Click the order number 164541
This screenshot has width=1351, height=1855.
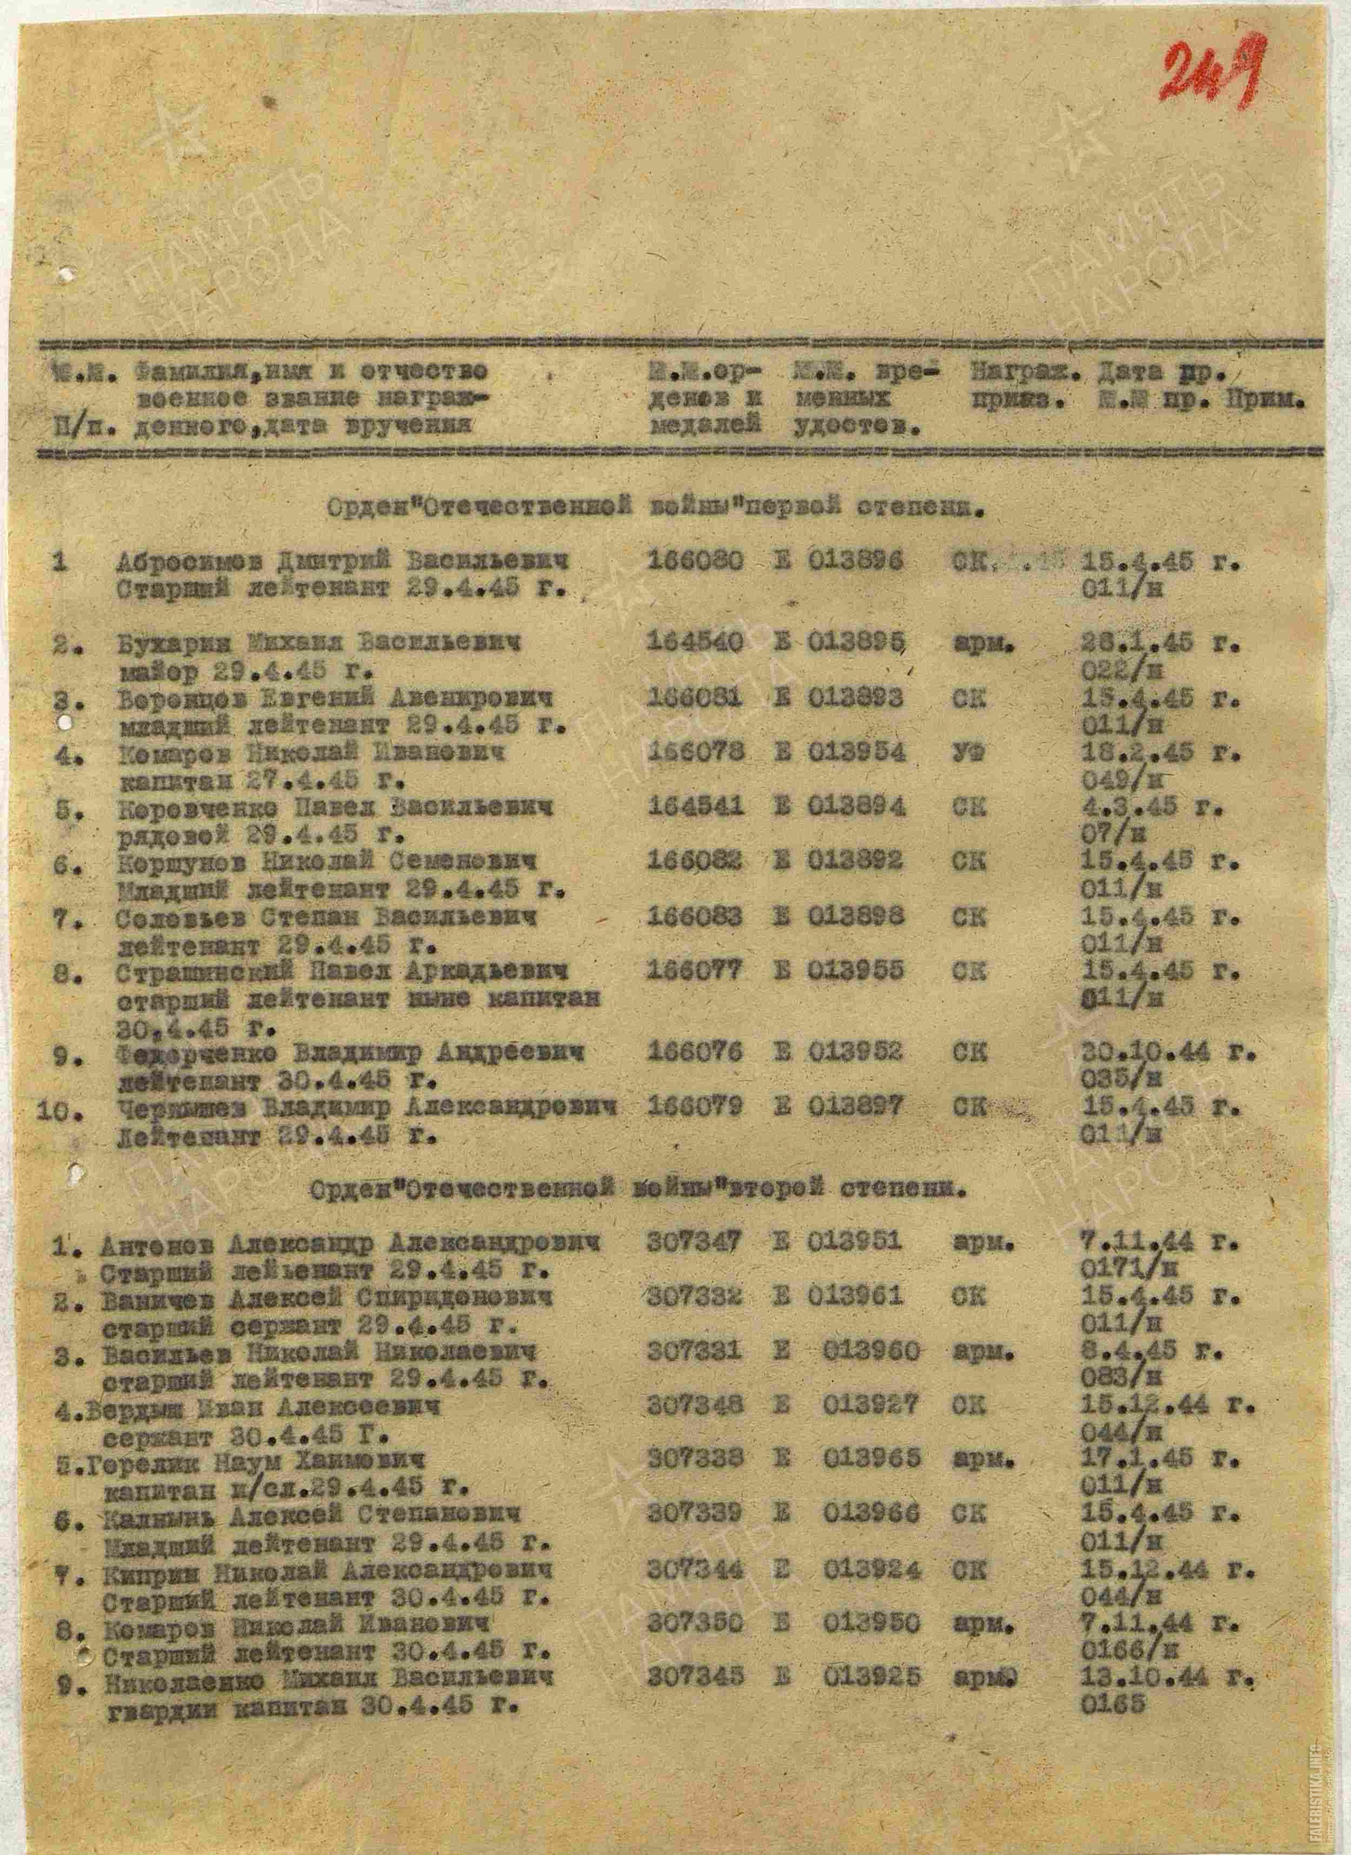(x=695, y=807)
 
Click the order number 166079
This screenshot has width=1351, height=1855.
(x=695, y=1107)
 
